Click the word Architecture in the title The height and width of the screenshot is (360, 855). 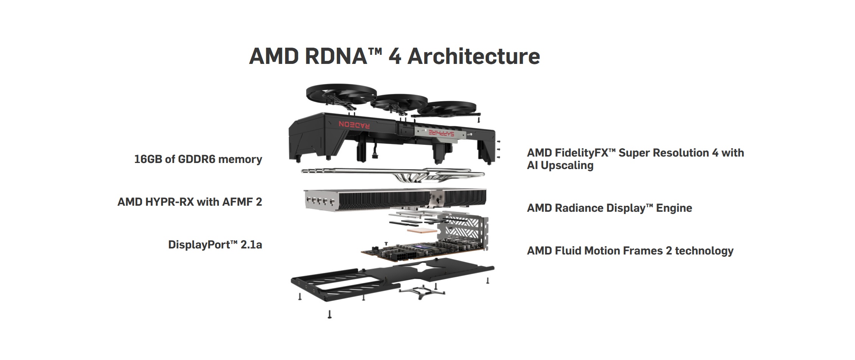pos(474,56)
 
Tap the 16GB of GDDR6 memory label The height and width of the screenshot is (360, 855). pos(198,159)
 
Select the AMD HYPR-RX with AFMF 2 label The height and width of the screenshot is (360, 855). pos(189,202)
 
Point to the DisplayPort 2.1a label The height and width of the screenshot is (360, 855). pos(215,245)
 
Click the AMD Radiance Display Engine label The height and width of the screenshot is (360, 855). pos(609,208)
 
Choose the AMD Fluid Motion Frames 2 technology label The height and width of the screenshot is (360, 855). pos(630,251)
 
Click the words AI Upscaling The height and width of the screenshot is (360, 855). pos(560,166)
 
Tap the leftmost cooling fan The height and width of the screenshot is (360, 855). pos(341,93)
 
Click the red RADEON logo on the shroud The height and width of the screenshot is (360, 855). pos(354,124)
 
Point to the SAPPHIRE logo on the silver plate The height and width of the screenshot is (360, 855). pos(441,133)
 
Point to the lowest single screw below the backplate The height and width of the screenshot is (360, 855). pos(329,314)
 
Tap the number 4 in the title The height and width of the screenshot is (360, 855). pos(395,56)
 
